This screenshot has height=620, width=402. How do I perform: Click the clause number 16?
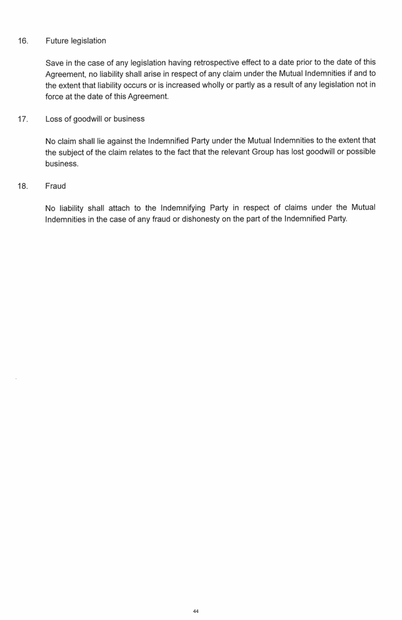[23, 41]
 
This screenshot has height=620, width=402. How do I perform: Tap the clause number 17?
[23, 119]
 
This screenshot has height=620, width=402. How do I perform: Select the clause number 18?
[23, 186]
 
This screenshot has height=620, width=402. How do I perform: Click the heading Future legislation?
[76, 41]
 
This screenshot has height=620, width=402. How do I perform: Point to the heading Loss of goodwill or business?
[95, 119]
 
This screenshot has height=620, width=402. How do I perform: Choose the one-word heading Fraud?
[56, 186]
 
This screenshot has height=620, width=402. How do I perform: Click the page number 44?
[196, 611]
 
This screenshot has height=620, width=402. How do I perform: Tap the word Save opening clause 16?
[55, 63]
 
